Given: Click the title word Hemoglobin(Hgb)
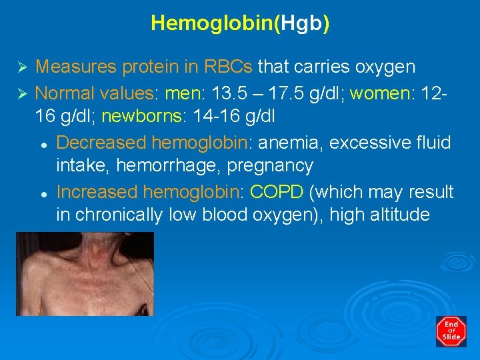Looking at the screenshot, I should pyautogui.click(x=240, y=23).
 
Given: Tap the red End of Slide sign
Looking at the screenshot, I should pyautogui.click(x=451, y=331).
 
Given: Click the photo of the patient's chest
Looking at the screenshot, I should pyautogui.click(x=85, y=273).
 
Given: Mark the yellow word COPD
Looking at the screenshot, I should pyautogui.click(x=277, y=192).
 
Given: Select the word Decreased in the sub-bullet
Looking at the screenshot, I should pyautogui.click(x=101, y=142).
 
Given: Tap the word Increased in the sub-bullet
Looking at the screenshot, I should pyautogui.click(x=97, y=192).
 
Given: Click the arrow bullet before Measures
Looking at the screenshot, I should pyautogui.click(x=21, y=67).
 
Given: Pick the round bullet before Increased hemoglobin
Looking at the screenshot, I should pyautogui.click(x=42, y=193).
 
